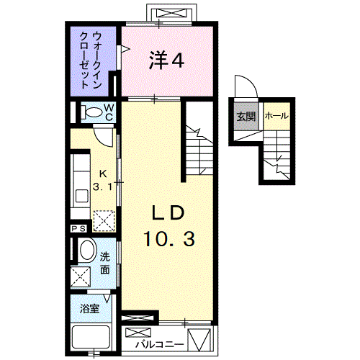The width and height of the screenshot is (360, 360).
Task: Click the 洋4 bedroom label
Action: (166, 60)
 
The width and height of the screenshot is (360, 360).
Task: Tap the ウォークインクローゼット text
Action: (91, 60)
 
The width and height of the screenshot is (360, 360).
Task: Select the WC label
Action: (109, 112)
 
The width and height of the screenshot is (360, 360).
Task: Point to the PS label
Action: (78, 228)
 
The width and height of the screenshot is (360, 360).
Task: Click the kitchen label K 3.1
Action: (103, 180)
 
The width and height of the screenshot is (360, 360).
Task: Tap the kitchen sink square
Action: (82, 196)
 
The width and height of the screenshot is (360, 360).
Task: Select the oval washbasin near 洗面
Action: (87, 249)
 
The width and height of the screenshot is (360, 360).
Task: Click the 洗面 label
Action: (105, 264)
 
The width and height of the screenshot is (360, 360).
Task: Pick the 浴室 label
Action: (90, 309)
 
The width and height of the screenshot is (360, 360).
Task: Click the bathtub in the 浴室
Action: (91, 338)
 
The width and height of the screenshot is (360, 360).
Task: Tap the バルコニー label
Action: (160, 344)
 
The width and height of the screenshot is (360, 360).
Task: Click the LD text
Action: (168, 212)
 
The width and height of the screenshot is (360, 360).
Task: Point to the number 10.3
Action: (169, 239)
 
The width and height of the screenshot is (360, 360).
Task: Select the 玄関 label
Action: (246, 117)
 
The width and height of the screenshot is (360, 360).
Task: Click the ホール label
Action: (276, 116)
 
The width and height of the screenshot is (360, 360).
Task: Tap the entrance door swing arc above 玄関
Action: (252, 81)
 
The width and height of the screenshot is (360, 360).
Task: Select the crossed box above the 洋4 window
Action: (171, 13)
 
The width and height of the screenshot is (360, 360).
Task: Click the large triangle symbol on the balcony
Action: (199, 339)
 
